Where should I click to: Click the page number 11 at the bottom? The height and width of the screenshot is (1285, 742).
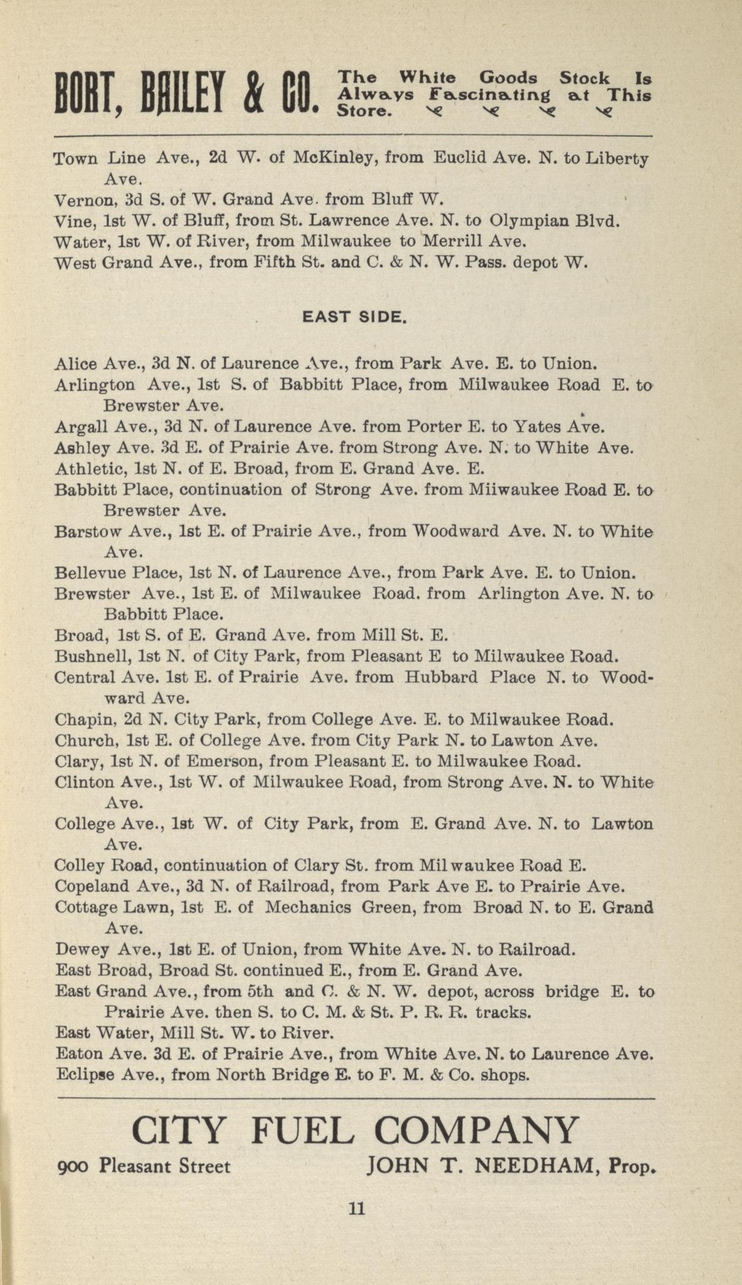[x=356, y=1209]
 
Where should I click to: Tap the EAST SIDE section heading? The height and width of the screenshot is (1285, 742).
[x=355, y=317]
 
